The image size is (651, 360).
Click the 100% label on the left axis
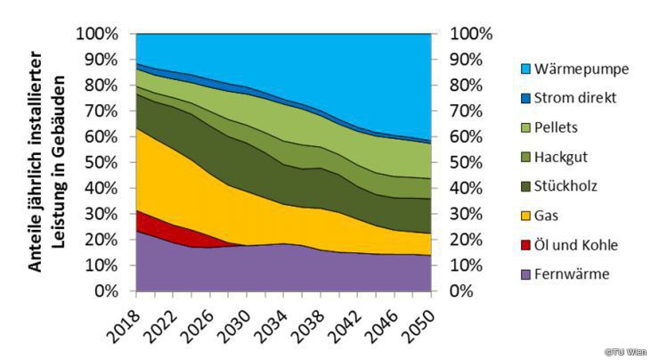click(x=97, y=35)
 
